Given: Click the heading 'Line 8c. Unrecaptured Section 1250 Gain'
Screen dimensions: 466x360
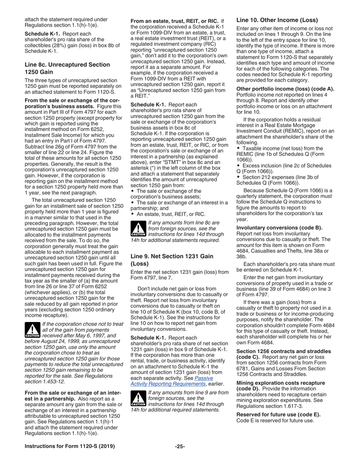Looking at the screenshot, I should (x=67, y=68).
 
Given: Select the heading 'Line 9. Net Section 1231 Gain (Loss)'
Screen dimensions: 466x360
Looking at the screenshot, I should (x=172, y=260).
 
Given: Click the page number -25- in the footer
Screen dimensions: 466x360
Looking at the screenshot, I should (x=180, y=446).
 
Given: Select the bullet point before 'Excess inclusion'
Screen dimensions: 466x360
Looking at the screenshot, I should (x=238, y=166).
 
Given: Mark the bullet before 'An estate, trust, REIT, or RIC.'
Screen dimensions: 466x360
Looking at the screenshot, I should (x=133, y=214).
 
